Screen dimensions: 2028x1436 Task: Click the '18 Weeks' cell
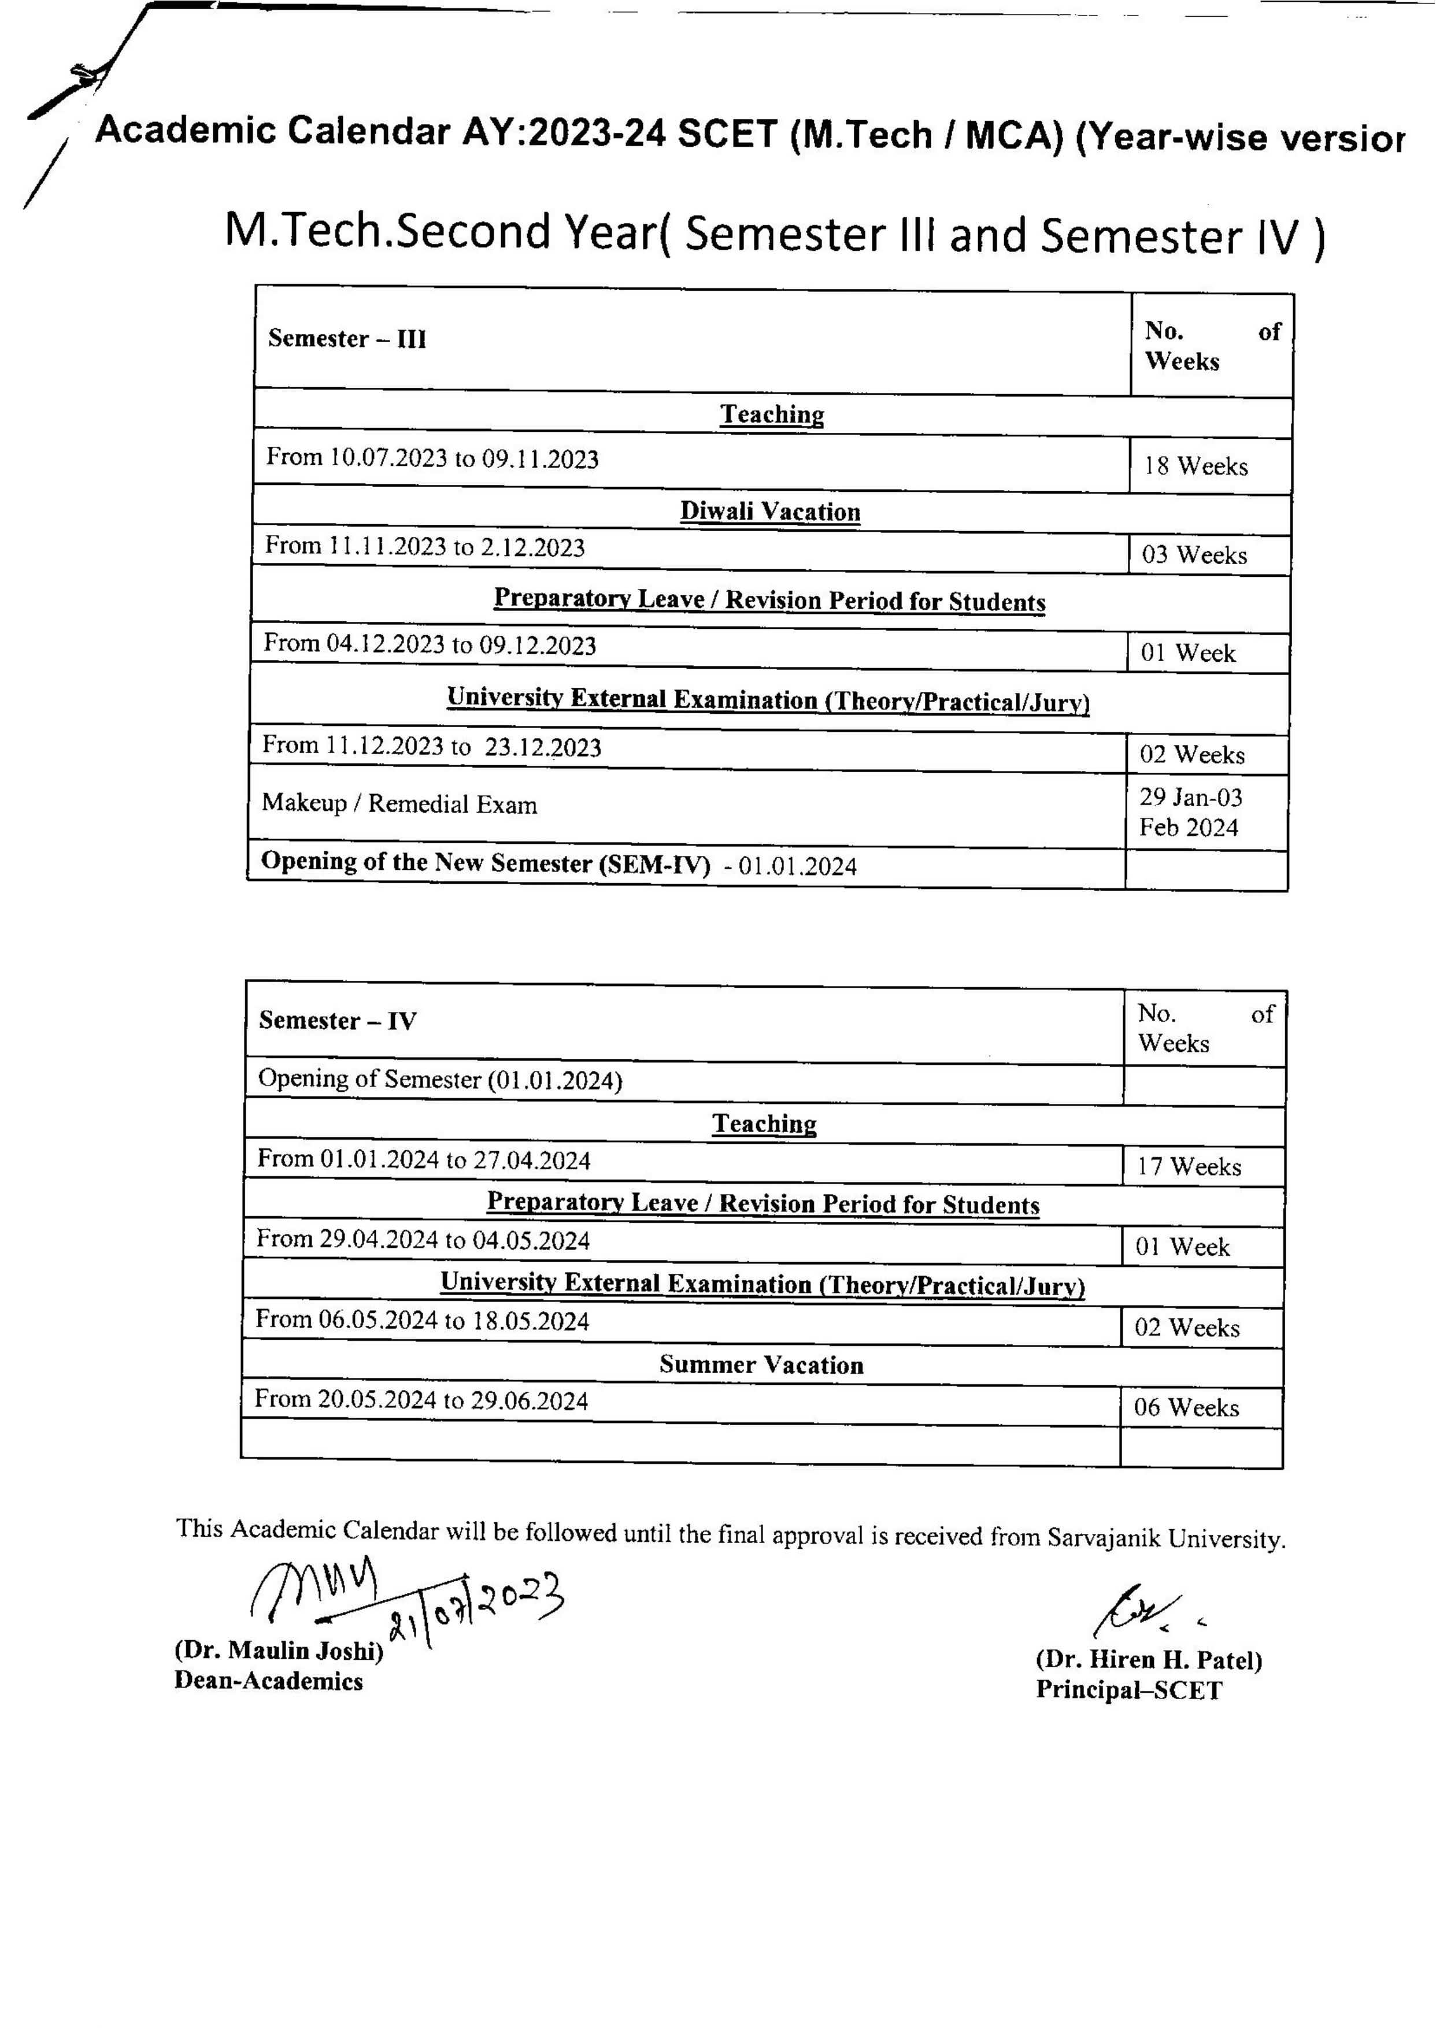tap(1196, 466)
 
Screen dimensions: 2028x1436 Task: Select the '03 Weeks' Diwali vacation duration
tap(1194, 555)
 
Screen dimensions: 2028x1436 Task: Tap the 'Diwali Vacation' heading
tap(769, 512)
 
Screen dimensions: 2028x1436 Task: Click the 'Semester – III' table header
tap(347, 339)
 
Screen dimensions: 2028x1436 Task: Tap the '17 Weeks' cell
tap(1189, 1167)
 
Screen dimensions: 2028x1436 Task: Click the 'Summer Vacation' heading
tap(760, 1365)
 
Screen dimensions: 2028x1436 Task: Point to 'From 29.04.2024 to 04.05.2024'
tap(423, 1240)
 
